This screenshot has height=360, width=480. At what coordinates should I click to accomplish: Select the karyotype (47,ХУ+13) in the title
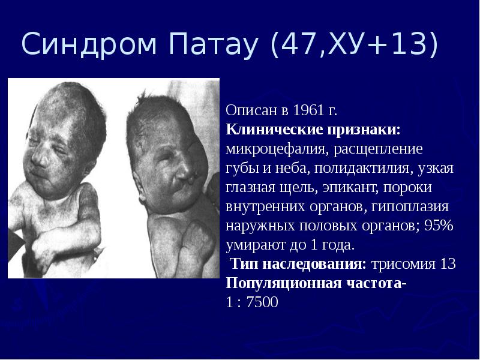pos(353,46)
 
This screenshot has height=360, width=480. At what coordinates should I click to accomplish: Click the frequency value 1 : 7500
pos(252,302)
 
